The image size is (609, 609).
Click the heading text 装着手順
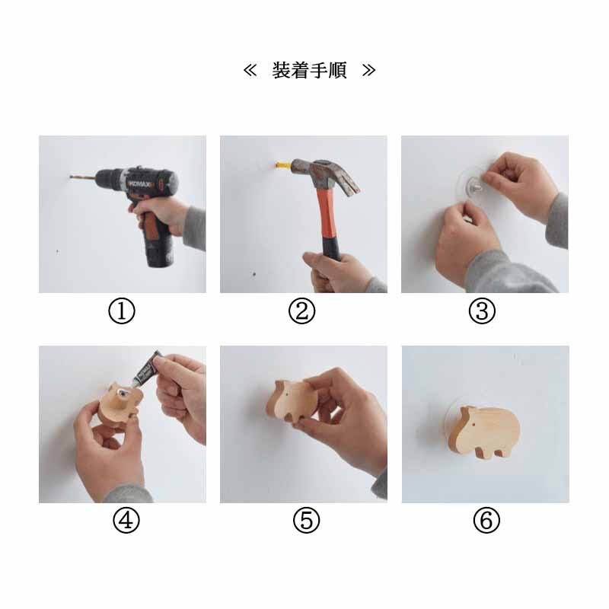(309, 70)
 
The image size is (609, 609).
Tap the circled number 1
(122, 311)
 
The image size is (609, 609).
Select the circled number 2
(301, 311)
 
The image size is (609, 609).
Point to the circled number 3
(482, 311)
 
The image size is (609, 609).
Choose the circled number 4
(126, 521)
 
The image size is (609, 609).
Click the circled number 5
(307, 521)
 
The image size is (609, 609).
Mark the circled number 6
(486, 521)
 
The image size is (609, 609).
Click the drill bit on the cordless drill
(82, 177)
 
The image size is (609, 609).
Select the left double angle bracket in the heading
(250, 70)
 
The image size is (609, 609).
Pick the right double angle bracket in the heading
(368, 70)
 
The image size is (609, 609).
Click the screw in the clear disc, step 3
(477, 188)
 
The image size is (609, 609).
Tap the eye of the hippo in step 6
(474, 426)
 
